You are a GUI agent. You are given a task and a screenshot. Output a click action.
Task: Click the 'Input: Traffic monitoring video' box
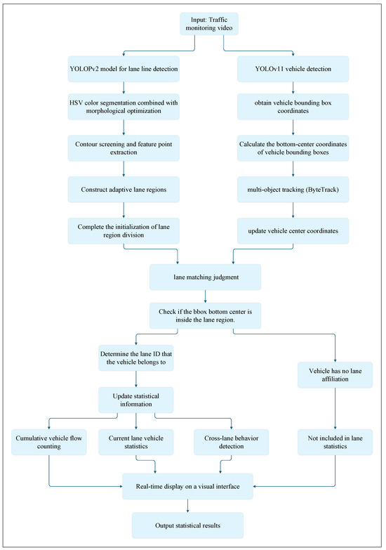click(209, 24)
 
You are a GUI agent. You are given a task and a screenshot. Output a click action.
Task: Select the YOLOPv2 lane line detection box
click(124, 69)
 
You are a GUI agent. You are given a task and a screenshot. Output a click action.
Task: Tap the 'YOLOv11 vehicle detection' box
click(293, 69)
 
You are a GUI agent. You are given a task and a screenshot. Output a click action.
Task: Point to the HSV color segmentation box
click(124, 107)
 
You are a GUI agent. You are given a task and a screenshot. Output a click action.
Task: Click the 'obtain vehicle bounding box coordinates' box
click(293, 107)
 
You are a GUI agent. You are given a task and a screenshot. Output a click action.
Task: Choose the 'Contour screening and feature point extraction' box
click(124, 148)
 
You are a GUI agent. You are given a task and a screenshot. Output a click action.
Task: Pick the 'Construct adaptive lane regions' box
click(124, 190)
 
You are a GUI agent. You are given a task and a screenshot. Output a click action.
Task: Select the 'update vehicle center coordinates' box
click(293, 231)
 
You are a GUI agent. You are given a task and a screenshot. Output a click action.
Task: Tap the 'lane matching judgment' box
click(205, 277)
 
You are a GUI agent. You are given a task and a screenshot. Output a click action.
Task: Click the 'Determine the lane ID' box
click(136, 358)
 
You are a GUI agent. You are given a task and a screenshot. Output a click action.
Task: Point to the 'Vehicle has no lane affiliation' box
click(335, 375)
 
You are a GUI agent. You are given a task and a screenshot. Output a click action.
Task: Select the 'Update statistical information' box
click(136, 400)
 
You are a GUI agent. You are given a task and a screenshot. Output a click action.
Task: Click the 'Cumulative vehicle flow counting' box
click(48, 443)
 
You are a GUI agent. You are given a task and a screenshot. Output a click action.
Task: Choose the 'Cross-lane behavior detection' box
click(232, 443)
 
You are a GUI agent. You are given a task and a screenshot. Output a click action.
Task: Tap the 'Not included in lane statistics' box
click(335, 443)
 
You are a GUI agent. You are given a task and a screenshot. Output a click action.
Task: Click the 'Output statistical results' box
click(187, 525)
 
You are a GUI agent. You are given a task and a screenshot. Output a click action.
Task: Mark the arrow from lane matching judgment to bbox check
click(205, 296)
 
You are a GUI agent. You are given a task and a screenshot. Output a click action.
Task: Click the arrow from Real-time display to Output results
click(187, 506)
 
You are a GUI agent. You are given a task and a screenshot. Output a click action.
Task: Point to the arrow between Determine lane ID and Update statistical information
click(136, 379)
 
